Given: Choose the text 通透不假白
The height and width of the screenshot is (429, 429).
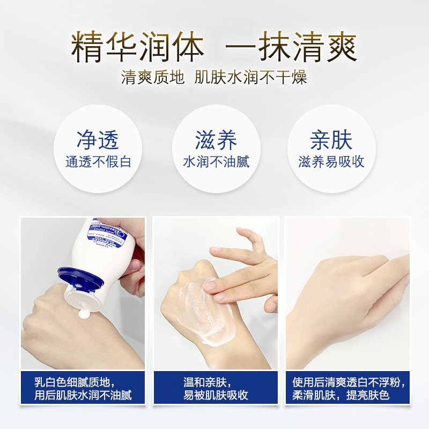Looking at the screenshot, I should (98, 162).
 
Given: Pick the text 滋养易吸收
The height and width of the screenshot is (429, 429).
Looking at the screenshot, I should (331, 162).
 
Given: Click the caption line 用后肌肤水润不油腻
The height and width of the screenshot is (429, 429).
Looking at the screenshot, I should (83, 396).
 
